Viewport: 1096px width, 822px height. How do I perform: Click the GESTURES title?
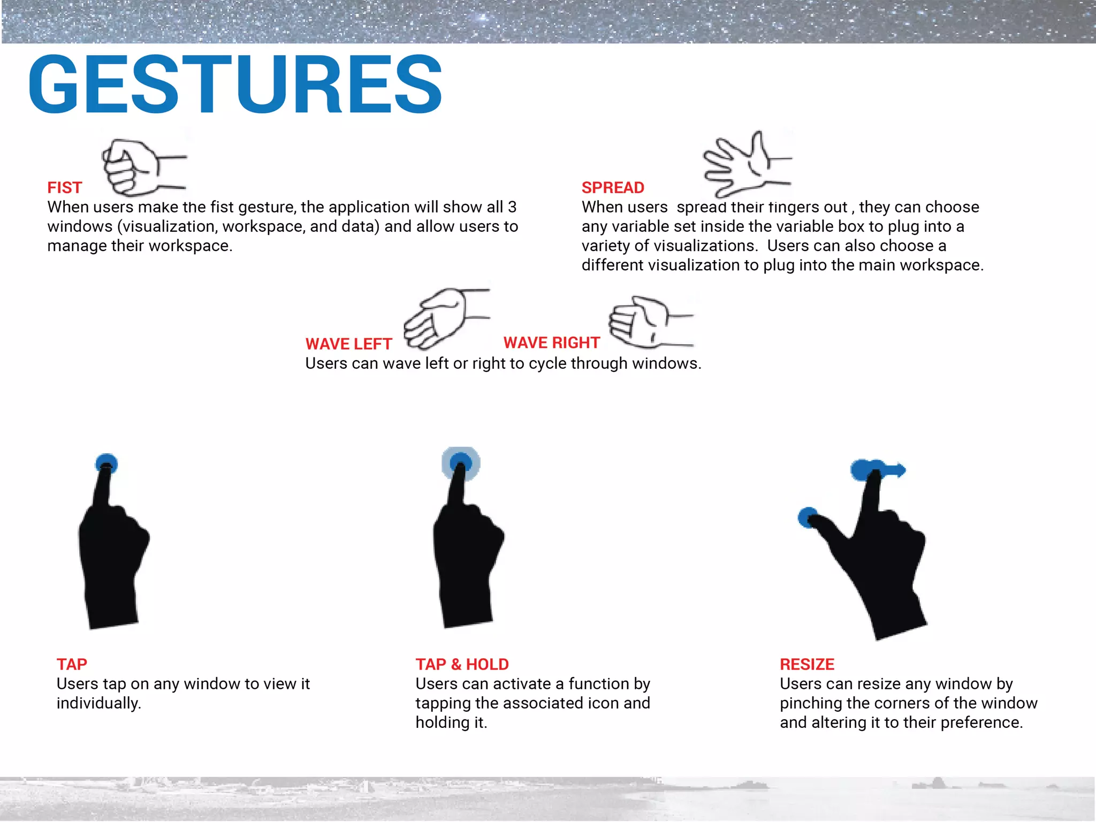click(235, 84)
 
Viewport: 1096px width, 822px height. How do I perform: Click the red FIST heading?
click(65, 188)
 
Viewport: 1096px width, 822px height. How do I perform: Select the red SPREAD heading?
click(613, 188)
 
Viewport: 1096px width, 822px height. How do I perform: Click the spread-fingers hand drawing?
click(747, 164)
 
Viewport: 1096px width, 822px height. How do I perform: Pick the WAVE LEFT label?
click(349, 344)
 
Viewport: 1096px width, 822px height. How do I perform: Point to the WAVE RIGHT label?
click(552, 343)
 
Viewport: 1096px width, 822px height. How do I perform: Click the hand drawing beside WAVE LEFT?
click(446, 319)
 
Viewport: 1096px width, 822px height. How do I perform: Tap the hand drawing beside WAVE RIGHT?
click(651, 322)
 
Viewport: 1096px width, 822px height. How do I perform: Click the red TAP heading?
click(72, 665)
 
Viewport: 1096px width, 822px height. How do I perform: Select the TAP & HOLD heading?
click(462, 665)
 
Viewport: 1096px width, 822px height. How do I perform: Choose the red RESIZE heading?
click(807, 665)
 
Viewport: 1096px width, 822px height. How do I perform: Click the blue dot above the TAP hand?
click(106, 463)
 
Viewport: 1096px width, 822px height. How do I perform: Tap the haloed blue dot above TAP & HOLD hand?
click(461, 463)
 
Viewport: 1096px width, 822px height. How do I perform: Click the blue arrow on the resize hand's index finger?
click(878, 470)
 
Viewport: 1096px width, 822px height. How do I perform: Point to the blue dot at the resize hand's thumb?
click(808, 517)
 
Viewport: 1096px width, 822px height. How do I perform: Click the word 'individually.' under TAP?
click(99, 704)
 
